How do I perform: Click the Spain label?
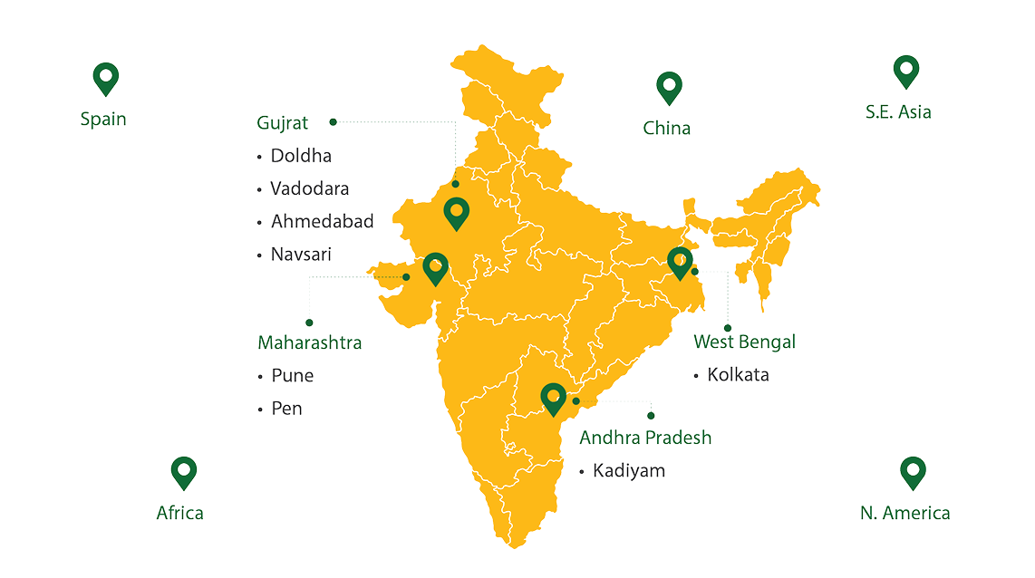[x=102, y=119]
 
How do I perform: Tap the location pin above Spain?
[x=106, y=79]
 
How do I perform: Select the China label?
[x=667, y=128]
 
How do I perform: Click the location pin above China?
[x=669, y=88]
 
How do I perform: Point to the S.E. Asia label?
[x=898, y=112]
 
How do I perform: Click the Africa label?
[x=179, y=513]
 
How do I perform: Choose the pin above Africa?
[x=184, y=472]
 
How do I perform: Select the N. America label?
[x=904, y=513]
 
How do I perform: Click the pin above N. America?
[x=912, y=472]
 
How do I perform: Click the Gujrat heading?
[x=283, y=121]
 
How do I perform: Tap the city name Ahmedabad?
[x=322, y=221]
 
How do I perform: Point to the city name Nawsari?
[x=302, y=255]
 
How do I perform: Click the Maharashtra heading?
[x=310, y=343]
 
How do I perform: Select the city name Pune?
[x=292, y=376]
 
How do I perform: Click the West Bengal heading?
[x=744, y=342]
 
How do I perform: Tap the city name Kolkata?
[x=739, y=374]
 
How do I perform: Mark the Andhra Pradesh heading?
[x=645, y=438]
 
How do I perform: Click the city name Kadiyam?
[x=629, y=471]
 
